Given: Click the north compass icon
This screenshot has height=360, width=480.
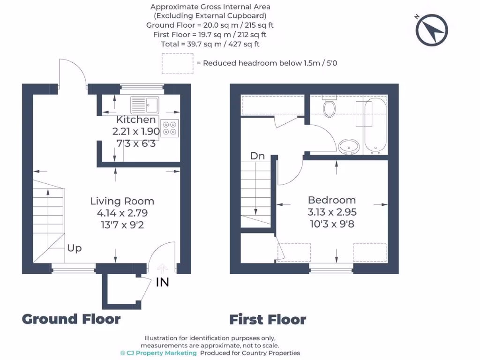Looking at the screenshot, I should (x=431, y=30).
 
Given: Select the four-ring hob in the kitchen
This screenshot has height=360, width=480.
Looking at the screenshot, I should (x=170, y=128).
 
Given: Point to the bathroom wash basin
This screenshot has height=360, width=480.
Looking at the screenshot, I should (x=349, y=146).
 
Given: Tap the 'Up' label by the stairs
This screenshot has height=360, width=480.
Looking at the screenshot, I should (x=74, y=248).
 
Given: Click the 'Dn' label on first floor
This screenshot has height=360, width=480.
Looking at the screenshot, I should (x=257, y=156).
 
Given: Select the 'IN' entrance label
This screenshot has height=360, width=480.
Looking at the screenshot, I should (x=162, y=282).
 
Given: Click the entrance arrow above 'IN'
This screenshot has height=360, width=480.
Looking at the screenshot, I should (x=162, y=269).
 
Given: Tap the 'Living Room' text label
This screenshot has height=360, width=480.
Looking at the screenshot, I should (x=122, y=201).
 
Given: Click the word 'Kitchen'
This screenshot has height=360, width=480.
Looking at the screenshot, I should (x=136, y=120).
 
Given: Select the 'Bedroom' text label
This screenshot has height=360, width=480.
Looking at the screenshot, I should (x=331, y=200).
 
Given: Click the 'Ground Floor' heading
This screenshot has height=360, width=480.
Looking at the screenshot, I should (x=71, y=319).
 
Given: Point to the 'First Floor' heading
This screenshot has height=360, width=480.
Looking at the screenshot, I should (x=268, y=320).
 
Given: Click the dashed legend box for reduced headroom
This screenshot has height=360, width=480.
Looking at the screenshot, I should (x=177, y=63).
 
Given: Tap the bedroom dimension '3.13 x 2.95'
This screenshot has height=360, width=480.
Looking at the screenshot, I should (x=331, y=212).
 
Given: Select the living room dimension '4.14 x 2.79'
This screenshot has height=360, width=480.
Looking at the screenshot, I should (x=122, y=213).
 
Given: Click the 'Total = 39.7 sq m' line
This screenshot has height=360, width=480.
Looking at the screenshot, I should (x=210, y=44).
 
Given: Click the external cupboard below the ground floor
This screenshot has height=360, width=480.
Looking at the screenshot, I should (x=120, y=291).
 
